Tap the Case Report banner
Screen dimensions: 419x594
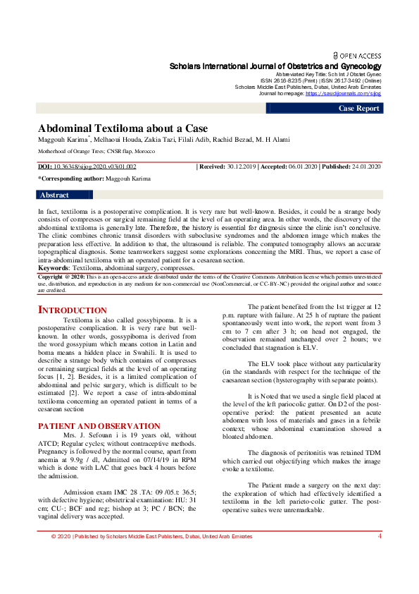(x=359, y=109)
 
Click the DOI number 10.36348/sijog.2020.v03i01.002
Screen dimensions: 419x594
(x=96, y=166)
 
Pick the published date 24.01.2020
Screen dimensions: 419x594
(x=365, y=166)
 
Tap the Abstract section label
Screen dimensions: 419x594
(x=55, y=195)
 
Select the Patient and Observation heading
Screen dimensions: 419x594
(x=99, y=426)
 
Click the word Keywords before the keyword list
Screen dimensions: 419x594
(x=53, y=268)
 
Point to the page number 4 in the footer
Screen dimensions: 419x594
(x=380, y=556)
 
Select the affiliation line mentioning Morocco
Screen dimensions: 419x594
(x=96, y=151)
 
